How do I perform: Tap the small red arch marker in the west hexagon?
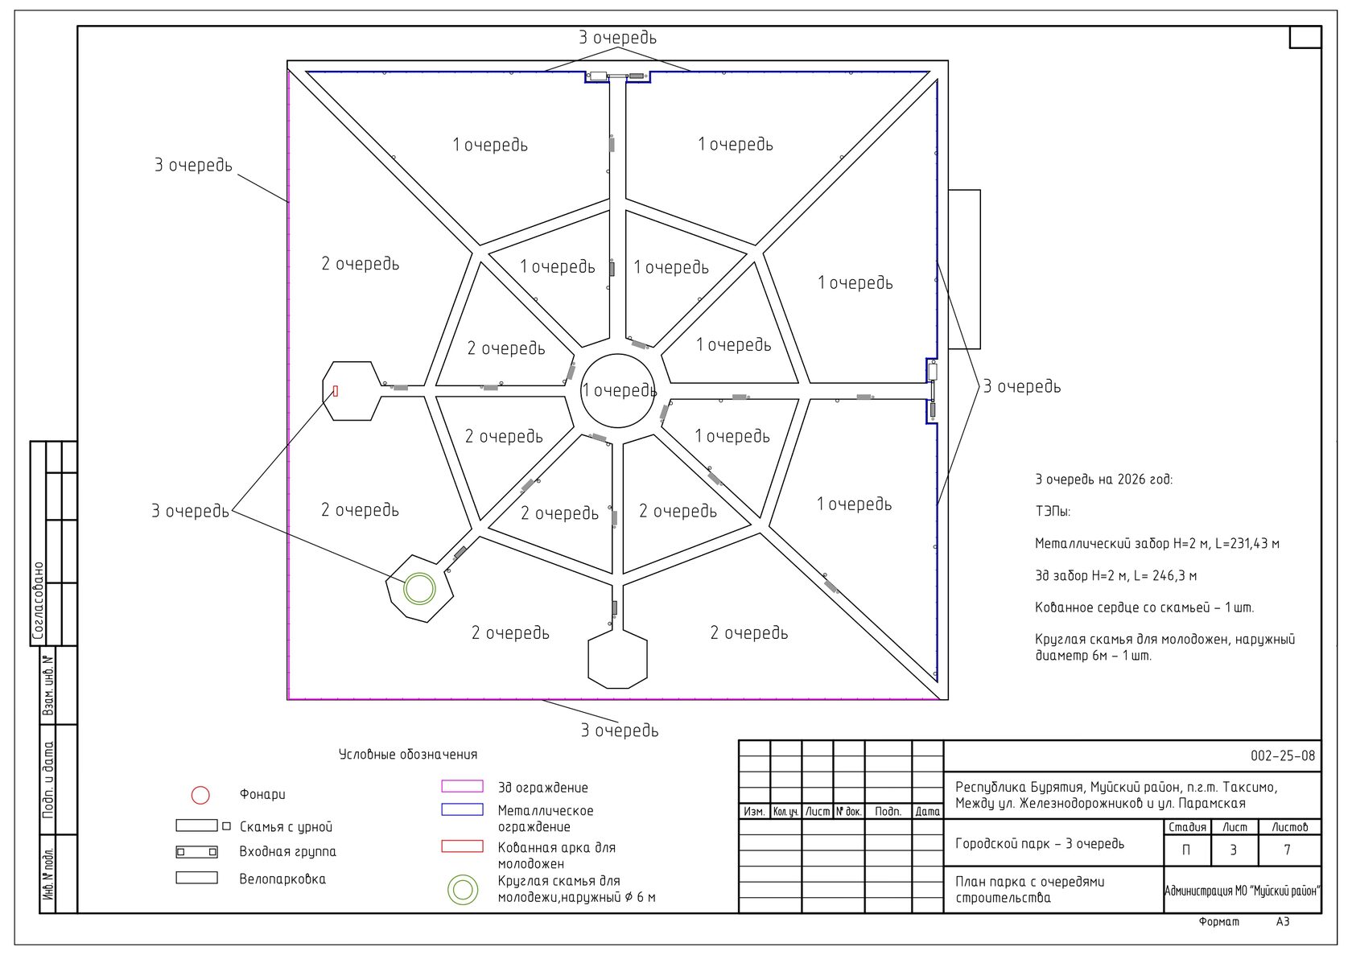(x=336, y=391)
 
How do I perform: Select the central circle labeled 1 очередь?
(x=581, y=391)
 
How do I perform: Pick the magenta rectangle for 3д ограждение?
(x=462, y=786)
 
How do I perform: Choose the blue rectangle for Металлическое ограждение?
(x=462, y=809)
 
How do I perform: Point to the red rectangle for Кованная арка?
(x=462, y=846)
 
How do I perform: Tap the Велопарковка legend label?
(x=282, y=879)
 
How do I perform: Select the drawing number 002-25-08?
(x=1283, y=756)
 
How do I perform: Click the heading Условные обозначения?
(x=408, y=754)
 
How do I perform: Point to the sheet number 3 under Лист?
(x=1234, y=850)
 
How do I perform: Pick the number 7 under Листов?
(x=1288, y=850)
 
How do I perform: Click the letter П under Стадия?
(x=1186, y=850)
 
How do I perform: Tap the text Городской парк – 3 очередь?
(x=1040, y=843)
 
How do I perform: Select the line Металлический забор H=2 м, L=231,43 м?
(x=1157, y=544)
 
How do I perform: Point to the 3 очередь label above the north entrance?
(x=617, y=37)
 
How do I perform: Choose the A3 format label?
(x=1283, y=922)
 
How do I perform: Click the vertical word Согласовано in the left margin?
(x=38, y=601)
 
